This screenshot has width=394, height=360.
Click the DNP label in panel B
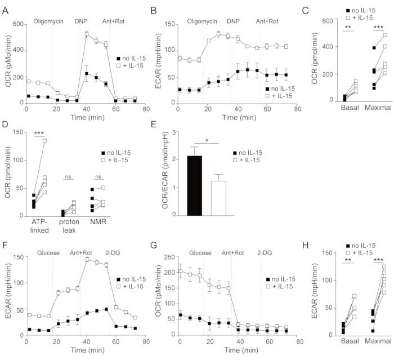233,21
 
